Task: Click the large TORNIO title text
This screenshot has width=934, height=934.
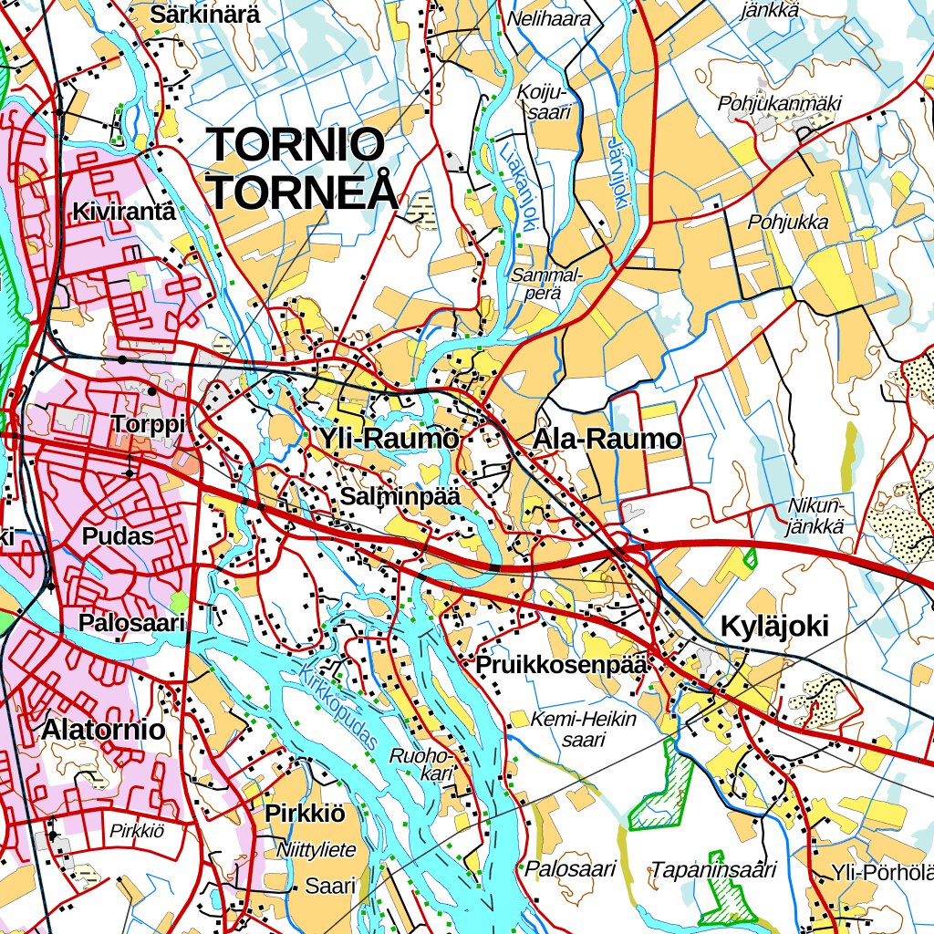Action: [296, 145]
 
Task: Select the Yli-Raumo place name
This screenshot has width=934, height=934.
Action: [388, 440]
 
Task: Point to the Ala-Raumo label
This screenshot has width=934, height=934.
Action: [607, 440]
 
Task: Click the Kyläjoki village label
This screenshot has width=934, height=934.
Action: [774, 627]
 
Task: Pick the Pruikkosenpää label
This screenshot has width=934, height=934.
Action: [561, 665]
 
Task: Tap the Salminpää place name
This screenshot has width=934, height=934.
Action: [400, 496]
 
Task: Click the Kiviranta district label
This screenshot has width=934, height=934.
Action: [123, 212]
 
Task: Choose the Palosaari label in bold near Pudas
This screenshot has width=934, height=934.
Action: [132, 624]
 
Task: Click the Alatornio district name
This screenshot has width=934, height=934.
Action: [103, 730]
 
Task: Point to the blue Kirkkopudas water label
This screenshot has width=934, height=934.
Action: [338, 706]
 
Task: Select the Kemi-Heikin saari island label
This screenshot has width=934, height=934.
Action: [584, 729]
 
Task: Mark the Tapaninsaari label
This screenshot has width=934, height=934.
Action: [712, 869]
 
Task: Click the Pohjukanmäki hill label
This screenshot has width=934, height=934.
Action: [779, 103]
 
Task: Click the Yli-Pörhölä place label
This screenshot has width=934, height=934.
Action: [881, 874]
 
